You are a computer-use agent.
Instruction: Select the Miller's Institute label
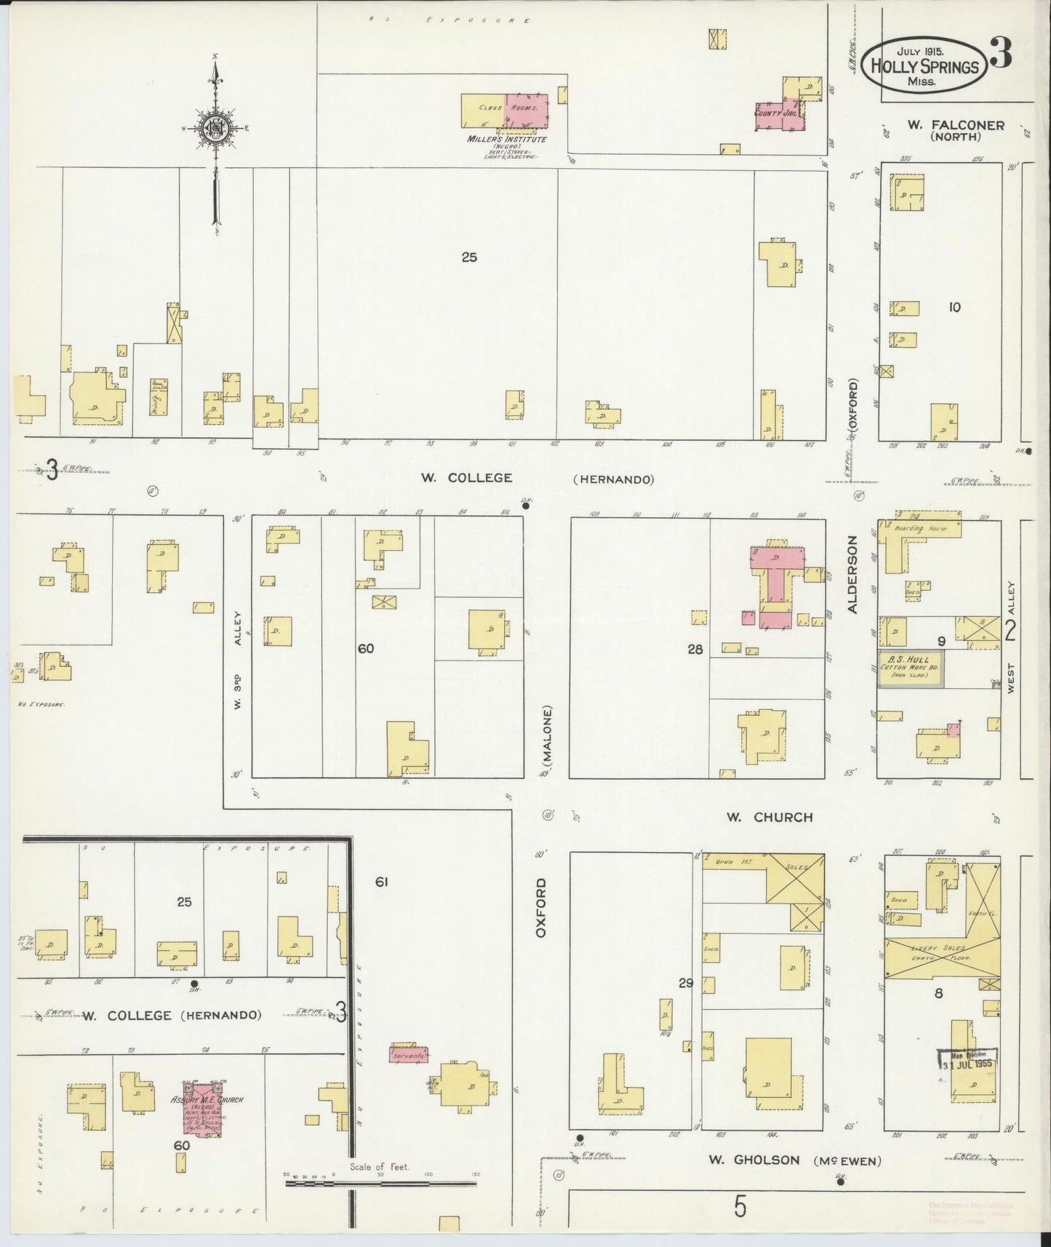[507, 139]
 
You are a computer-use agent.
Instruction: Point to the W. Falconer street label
[955, 125]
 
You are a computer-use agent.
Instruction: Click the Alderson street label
[854, 575]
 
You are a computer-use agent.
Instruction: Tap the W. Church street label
[769, 817]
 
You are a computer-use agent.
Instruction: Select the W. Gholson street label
[762, 1160]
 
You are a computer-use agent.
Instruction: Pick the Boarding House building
[920, 530]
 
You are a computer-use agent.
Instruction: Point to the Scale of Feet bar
[381, 1183]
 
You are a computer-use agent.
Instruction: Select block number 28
[695, 650]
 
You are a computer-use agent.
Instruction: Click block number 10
[954, 308]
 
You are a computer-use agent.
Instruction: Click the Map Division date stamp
[967, 1063]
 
